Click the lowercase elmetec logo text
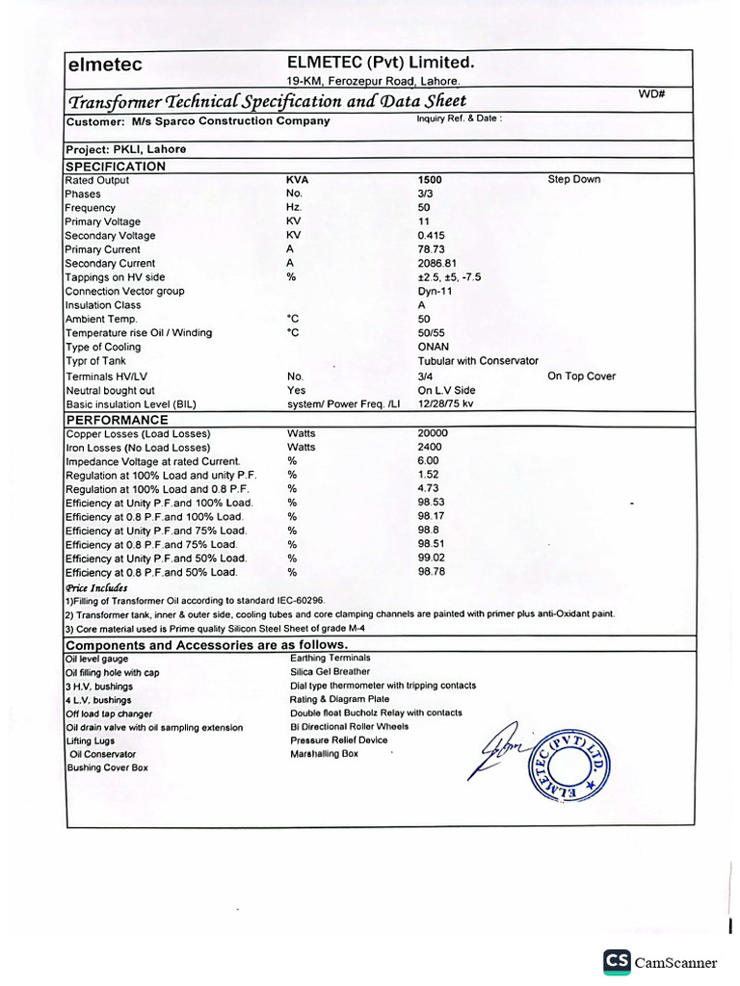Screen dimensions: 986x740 pos(104,65)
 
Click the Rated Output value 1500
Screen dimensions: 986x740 pos(430,180)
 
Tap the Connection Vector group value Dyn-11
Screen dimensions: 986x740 pos(436,291)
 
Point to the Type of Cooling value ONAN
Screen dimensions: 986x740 pos(434,347)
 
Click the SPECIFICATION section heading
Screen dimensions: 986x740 pos(115,166)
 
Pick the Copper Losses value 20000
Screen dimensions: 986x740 pos(433,433)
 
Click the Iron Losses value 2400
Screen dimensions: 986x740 pos(430,448)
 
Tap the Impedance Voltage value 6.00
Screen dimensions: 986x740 pos(429,461)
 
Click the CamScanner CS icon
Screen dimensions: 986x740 pos(617,962)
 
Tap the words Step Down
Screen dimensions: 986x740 pos(573,180)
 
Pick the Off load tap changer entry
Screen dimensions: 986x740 pos(109,714)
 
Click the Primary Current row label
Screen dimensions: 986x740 pos(102,249)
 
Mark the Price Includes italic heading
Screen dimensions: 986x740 pos(96,586)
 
